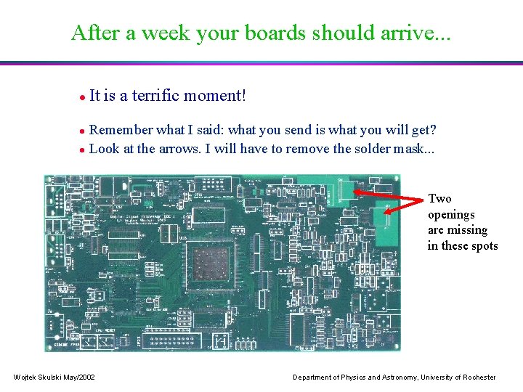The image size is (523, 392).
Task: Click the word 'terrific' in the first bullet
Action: [156, 95]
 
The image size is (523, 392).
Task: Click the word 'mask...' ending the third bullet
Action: [414, 148]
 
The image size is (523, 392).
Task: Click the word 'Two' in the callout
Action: [439, 199]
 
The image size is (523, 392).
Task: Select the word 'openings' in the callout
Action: [451, 215]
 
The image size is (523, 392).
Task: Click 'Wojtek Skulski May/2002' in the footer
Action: [54, 377]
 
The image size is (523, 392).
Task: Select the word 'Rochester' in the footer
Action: [477, 377]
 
